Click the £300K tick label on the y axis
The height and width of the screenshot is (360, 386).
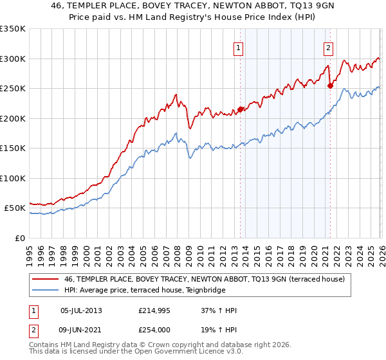coord(12,59)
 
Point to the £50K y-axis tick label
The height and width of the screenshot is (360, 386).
coord(14,208)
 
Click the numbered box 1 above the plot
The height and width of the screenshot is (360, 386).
coord(239,47)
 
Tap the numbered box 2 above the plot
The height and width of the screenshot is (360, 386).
coord(328,47)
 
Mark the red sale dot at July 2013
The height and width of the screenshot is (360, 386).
coord(240,109)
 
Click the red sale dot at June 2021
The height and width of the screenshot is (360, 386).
coord(330,86)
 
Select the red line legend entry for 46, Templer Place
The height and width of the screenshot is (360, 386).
coord(205,279)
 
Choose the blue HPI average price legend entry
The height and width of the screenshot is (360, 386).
coord(153,291)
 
